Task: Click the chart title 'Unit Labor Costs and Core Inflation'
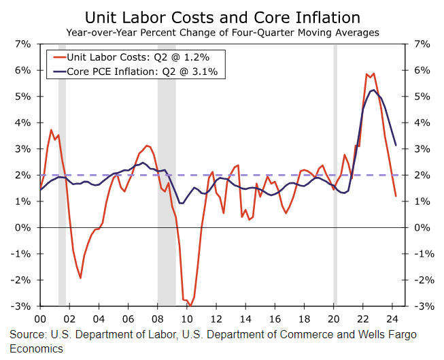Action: point(222,17)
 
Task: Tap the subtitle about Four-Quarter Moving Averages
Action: point(222,32)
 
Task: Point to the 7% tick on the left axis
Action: point(22,44)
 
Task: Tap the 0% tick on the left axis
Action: point(22,227)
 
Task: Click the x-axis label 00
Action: point(39,318)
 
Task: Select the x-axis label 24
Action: point(392,318)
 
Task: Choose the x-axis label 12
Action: point(216,318)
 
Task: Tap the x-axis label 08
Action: point(157,318)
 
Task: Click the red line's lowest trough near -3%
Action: point(190,306)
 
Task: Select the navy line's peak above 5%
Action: point(373,90)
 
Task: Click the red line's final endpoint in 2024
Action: point(396,196)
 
